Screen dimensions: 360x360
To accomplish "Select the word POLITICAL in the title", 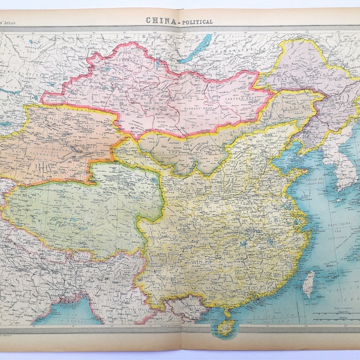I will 195,22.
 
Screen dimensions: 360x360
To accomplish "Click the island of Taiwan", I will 308,283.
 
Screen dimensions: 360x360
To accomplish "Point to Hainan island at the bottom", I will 226,326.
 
